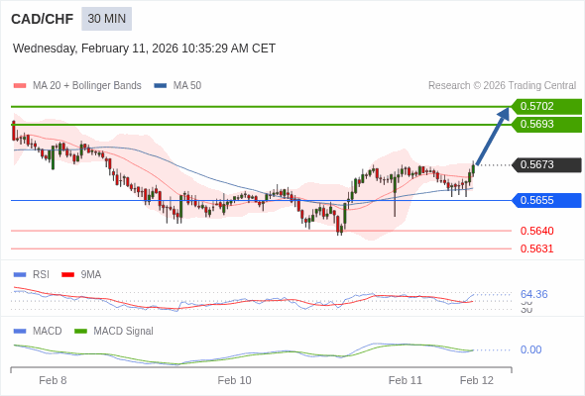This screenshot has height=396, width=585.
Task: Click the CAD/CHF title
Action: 42,19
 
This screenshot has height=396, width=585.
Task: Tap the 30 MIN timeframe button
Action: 106,19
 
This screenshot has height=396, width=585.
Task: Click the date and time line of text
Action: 144,49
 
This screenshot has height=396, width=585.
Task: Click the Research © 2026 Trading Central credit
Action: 502,86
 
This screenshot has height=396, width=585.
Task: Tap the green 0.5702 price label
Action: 545,106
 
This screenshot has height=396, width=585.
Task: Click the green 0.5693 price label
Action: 545,125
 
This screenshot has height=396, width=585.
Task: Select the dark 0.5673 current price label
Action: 545,165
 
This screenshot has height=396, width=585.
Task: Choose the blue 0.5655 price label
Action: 545,200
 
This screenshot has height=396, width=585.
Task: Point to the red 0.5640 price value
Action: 536,231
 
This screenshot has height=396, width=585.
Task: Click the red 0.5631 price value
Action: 536,248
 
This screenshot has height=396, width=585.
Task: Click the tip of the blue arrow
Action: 508,110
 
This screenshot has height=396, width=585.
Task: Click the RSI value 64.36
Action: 533,294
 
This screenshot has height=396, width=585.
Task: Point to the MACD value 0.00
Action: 530,349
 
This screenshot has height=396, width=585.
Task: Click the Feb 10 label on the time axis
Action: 234,380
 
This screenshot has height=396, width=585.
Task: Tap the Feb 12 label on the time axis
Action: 476,380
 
